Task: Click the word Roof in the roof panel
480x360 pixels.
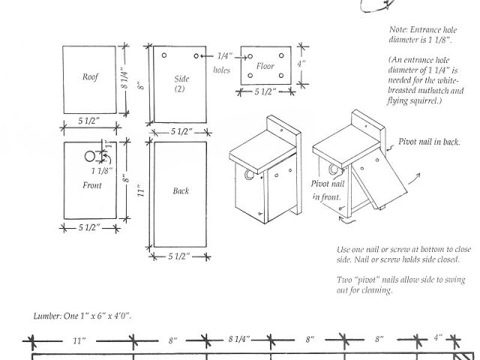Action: (90, 76)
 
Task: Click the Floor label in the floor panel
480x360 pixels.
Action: (265, 66)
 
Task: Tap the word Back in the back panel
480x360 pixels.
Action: (181, 190)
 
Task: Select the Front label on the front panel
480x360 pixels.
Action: (91, 185)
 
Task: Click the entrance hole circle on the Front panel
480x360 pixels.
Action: (90, 157)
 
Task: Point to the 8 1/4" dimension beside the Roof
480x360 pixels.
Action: (125, 78)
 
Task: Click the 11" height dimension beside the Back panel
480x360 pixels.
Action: (141, 190)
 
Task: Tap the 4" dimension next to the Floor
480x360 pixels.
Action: (301, 64)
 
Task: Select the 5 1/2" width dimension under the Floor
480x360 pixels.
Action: (265, 91)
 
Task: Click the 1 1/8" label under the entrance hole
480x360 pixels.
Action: (102, 171)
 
